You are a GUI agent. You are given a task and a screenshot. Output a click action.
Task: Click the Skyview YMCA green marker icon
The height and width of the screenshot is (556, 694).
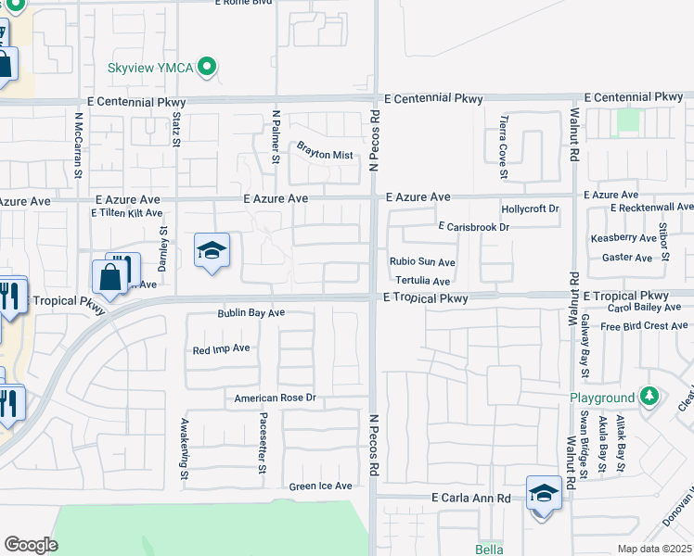tap(209, 67)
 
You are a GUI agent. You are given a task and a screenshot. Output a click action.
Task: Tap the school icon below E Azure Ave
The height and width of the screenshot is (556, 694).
tap(212, 250)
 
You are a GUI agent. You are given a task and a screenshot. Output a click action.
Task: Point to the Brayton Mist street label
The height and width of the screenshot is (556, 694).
tap(325, 155)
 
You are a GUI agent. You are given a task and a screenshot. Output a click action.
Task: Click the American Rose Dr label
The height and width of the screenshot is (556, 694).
tap(275, 398)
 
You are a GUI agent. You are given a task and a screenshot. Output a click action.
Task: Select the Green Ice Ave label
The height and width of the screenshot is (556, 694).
tap(320, 486)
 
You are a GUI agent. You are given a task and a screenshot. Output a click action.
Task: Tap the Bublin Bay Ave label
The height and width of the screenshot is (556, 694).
tap(251, 313)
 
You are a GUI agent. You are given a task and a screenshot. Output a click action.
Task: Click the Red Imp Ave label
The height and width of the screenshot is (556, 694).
tap(221, 349)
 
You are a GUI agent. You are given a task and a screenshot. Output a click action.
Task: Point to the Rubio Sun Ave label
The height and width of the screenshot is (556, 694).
tap(422, 262)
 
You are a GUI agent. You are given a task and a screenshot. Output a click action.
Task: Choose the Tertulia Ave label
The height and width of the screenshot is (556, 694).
tap(422, 281)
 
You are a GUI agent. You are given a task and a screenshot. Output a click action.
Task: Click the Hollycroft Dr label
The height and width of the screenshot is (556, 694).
tap(530, 209)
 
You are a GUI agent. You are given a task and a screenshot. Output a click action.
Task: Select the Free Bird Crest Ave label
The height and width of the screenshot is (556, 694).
tap(643, 326)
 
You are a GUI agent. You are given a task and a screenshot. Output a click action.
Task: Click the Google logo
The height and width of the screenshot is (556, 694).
tap(31, 544)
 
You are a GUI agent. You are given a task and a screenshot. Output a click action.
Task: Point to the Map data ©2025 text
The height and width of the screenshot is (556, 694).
tap(655, 549)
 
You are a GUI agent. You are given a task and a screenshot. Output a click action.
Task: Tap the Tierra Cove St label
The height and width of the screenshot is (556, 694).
tap(504, 147)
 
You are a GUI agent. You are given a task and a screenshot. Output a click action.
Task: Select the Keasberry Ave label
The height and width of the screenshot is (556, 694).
tap(623, 238)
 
